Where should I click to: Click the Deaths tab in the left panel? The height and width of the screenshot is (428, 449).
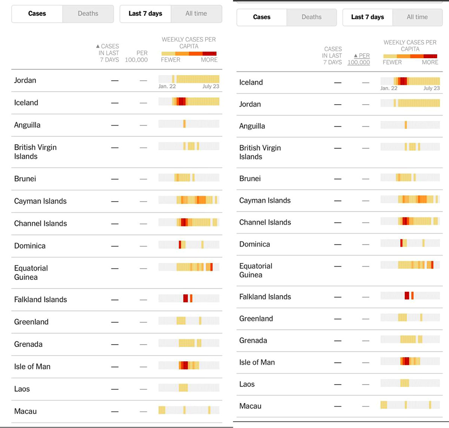[88, 14]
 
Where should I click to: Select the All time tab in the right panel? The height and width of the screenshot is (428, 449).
[417, 17]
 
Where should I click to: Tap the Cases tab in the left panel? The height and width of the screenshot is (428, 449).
[37, 14]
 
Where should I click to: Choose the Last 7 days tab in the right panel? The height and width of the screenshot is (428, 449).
[367, 17]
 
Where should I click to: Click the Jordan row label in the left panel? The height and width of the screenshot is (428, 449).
[25, 80]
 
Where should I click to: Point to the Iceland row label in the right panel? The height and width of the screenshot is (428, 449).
[251, 82]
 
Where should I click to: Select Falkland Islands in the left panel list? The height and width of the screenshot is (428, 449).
[40, 299]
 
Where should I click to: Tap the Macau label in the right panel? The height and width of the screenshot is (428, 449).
[250, 406]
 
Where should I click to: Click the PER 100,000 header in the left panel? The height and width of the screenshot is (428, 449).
[136, 56]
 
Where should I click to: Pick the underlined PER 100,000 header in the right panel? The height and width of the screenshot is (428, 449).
[359, 59]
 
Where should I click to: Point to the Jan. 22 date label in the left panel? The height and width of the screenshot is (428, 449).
[167, 86]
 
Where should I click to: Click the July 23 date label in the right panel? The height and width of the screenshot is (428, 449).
[431, 88]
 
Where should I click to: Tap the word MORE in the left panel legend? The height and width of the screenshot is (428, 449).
[209, 60]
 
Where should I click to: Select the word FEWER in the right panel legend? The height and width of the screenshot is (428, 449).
[392, 62]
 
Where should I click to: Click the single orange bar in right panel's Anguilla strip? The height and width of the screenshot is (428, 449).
[406, 125]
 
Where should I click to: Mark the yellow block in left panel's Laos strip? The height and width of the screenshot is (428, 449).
[183, 387]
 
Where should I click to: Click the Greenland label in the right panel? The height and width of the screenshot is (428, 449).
[256, 318]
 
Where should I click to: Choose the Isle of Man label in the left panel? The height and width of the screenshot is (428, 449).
[32, 367]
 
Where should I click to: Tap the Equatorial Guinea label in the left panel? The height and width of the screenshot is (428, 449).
[31, 272]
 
